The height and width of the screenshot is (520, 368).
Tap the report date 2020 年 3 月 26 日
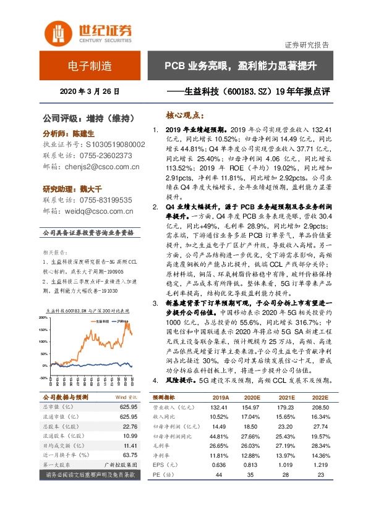[x=89, y=91]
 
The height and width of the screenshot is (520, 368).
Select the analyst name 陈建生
[x=82, y=133]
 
